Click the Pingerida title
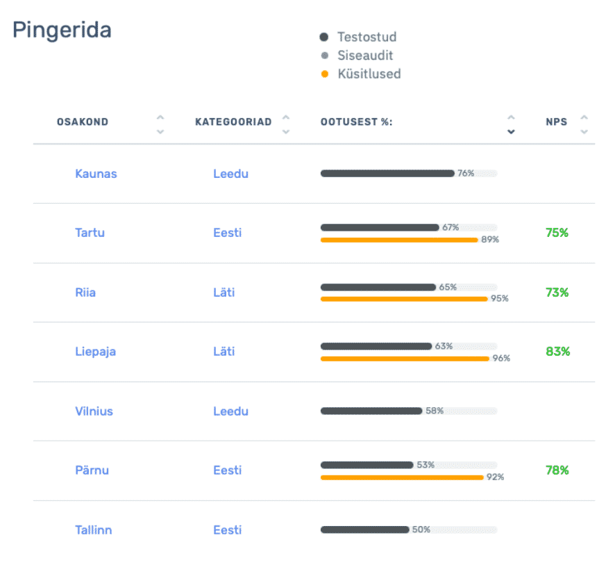coord(62,31)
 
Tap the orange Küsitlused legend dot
coord(324,74)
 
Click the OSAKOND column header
coord(83,122)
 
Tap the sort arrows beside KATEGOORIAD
coord(286,124)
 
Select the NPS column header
coord(556,122)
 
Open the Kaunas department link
coord(96,174)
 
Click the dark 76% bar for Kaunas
coord(387,174)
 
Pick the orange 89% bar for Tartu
coord(399,240)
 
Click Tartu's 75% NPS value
coord(557,233)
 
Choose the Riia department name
coord(85,293)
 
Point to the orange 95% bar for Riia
coord(404,299)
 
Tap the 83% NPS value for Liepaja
coord(557,352)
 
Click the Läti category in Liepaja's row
coord(224,352)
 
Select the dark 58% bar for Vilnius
coord(371,411)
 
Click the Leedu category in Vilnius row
coord(230,411)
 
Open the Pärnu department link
coord(92,470)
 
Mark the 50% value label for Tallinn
coord(421,530)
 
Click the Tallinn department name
coord(93,530)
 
